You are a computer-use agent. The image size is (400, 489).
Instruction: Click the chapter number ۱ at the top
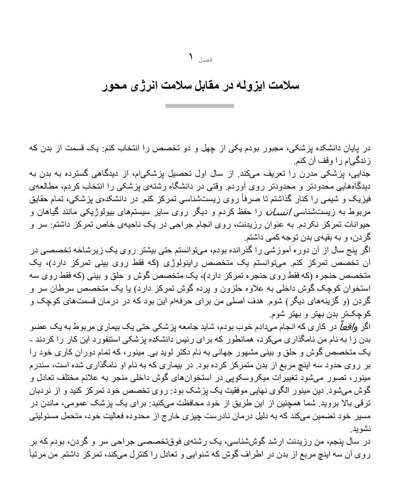tap(191, 57)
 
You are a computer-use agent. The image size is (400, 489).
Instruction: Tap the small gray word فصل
tap(205, 60)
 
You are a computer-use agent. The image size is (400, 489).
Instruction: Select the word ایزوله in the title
tap(252, 86)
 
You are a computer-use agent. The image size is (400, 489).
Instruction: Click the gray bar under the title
tap(200, 106)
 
